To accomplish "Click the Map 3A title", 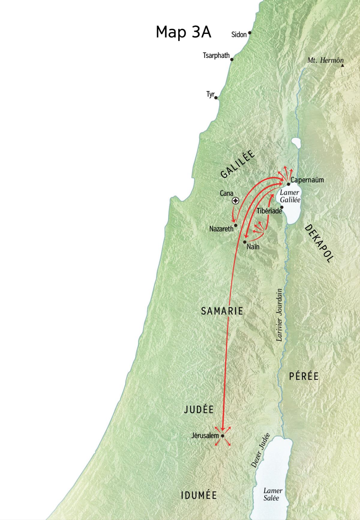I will (x=183, y=32).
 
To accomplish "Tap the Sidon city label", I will (x=239, y=35).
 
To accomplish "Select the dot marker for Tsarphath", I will (x=232, y=59).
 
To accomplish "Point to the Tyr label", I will (x=210, y=95).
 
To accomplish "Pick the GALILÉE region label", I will (x=238, y=164).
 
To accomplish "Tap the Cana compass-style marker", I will (x=236, y=201).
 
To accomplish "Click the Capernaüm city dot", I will (x=288, y=184).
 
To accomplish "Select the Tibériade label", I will (x=269, y=211).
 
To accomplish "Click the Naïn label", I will (x=253, y=247).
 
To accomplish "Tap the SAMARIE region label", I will (x=222, y=311).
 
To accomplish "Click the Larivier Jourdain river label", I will (x=279, y=315).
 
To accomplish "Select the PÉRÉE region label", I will (x=304, y=376).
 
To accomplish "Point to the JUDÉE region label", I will (x=199, y=410).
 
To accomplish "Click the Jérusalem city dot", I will (x=223, y=436).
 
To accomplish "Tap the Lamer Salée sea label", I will (x=272, y=494).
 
